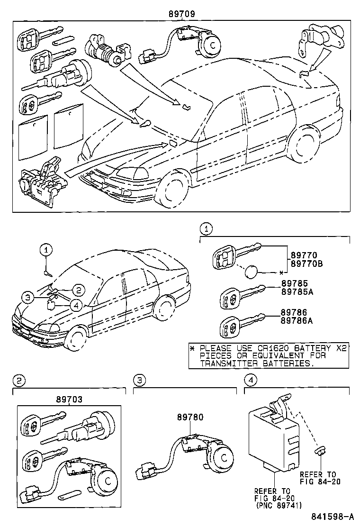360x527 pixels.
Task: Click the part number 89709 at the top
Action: pyautogui.click(x=181, y=14)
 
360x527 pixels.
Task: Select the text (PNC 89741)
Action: pyautogui.click(x=278, y=505)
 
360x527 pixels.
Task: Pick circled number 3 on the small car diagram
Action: pyautogui.click(x=28, y=297)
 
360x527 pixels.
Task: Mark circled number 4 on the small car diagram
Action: pyautogui.click(x=77, y=305)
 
